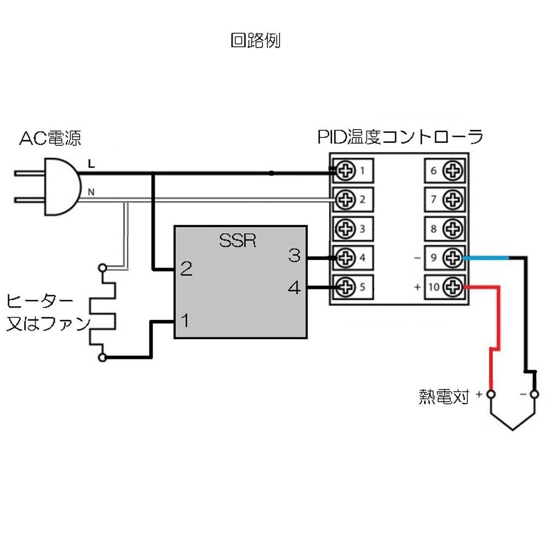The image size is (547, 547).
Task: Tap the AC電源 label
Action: pos(50,138)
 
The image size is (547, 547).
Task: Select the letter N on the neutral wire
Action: pos(90,192)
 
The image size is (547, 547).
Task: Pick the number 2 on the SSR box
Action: pos(186,269)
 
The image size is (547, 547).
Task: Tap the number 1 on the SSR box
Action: pos(185,321)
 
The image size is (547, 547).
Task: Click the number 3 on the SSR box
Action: pos(294,255)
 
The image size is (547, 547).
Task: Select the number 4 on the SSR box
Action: pos(294,288)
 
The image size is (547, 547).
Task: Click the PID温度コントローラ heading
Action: pos(400,137)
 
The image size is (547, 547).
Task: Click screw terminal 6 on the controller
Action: pos(452,171)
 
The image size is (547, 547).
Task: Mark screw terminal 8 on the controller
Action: pos(452,226)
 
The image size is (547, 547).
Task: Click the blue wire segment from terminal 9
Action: pos(487,257)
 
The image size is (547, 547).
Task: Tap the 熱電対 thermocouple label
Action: pos(444,397)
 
